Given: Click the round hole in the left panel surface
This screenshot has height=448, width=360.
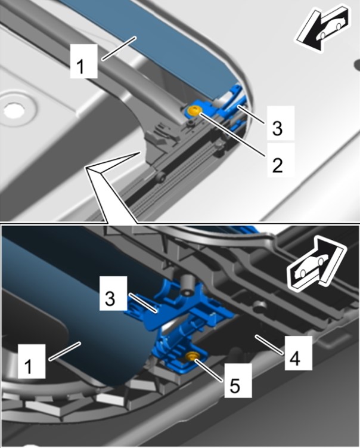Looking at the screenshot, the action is click(11, 109).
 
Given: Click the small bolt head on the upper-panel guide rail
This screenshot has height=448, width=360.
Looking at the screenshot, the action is click(160, 178).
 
